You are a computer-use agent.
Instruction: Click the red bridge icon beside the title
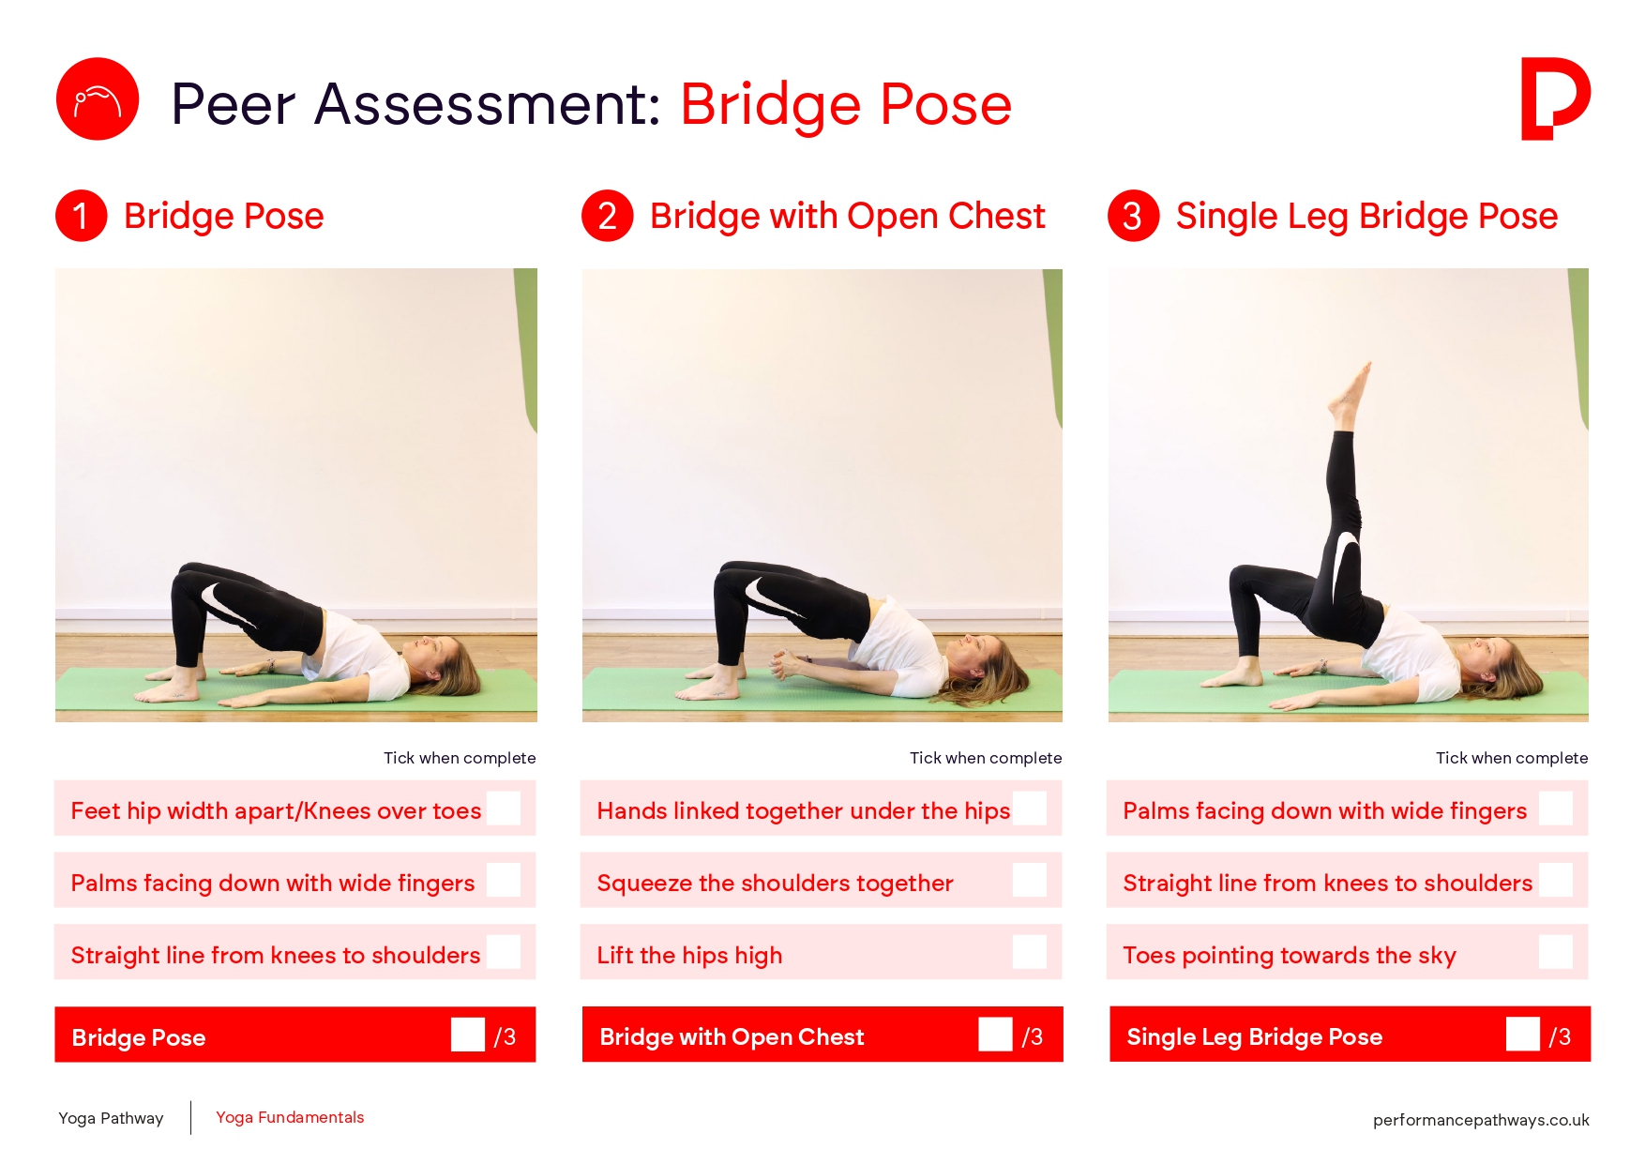tap(98, 98)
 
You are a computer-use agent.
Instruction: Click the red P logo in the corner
tap(1554, 98)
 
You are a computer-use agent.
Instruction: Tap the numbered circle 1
tap(82, 216)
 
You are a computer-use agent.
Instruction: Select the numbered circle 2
tap(608, 216)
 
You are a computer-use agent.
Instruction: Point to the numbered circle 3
tap(1134, 216)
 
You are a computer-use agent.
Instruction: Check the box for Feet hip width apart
tap(504, 808)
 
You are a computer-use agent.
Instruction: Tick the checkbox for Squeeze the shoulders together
tap(1030, 880)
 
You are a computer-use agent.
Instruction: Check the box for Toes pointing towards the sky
tap(1556, 952)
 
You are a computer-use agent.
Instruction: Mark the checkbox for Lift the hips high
tap(1030, 952)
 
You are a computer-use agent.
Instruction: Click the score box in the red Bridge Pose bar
tap(468, 1035)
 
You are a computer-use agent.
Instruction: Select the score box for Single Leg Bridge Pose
tap(1523, 1035)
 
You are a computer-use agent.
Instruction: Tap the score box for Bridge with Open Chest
tap(995, 1035)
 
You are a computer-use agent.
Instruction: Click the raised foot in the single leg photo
tap(1351, 394)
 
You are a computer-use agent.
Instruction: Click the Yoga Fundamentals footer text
tap(290, 1117)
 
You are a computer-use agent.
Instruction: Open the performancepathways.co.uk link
tap(1481, 1120)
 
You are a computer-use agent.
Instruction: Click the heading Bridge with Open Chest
tap(847, 216)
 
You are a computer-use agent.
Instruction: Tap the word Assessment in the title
tap(488, 103)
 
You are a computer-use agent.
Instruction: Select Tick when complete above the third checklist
tap(1512, 758)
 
